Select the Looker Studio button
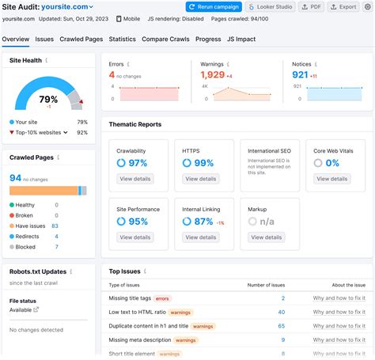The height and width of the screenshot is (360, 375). pos(272,6)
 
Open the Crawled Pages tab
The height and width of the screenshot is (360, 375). pos(81,38)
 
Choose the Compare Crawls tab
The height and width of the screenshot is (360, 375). pos(166,38)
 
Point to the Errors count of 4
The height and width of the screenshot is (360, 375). pos(112,74)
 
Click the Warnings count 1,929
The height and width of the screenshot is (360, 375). pos(212,74)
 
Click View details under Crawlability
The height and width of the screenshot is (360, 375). pos(135,180)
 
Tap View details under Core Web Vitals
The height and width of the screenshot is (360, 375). pos(331,180)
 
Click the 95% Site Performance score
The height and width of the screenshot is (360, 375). pos(138,222)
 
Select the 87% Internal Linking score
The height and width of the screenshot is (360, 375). pos(203,222)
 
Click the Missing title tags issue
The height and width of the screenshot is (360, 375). pos(130,298)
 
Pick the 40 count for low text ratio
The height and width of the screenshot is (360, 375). pos(281,312)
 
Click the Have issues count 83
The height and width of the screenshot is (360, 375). pos(55,225)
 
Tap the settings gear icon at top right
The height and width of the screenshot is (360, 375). pos(368,6)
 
